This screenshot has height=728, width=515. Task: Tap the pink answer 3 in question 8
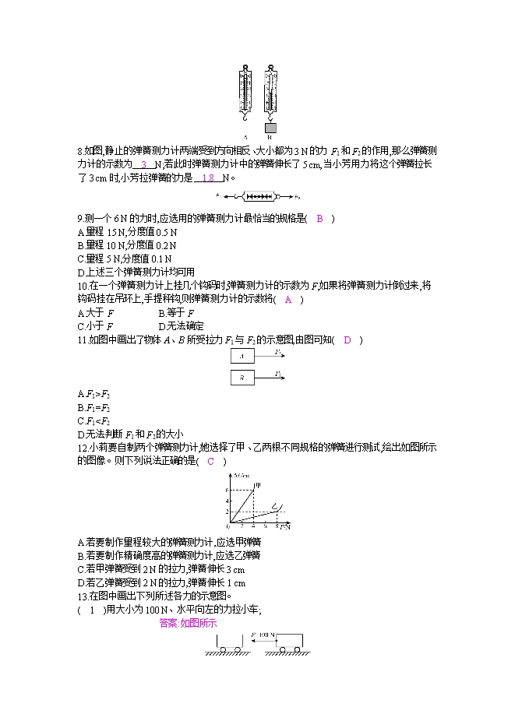[144, 164]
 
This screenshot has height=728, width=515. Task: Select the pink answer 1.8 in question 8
[207, 178]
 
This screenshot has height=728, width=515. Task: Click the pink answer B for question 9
[319, 219]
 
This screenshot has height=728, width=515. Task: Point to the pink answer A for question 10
[288, 299]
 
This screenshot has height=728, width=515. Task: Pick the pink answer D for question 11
[347, 339]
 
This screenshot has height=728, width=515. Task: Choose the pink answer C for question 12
[210, 461]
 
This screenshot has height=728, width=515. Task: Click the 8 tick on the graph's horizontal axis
[277, 527]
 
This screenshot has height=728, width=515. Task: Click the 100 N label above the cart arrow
[268, 635]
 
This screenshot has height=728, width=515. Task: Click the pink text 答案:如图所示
[187, 623]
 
